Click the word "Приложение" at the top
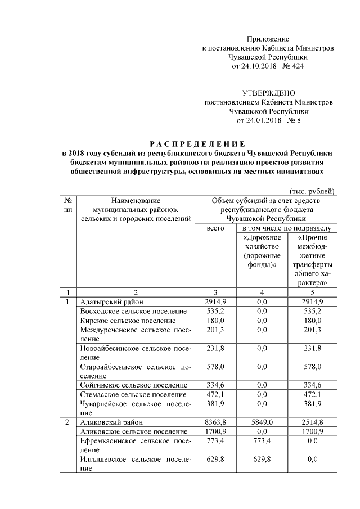[x=268, y=39]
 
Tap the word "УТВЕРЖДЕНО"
[x=268, y=93]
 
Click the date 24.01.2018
[x=258, y=120]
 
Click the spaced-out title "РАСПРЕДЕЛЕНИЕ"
[x=198, y=143]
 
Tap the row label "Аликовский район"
[x=111, y=421]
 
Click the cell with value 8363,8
[x=215, y=421]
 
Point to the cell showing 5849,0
[x=262, y=421]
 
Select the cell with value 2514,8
[x=312, y=421]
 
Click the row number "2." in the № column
[x=67, y=421]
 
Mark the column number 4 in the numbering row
[x=262, y=292]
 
